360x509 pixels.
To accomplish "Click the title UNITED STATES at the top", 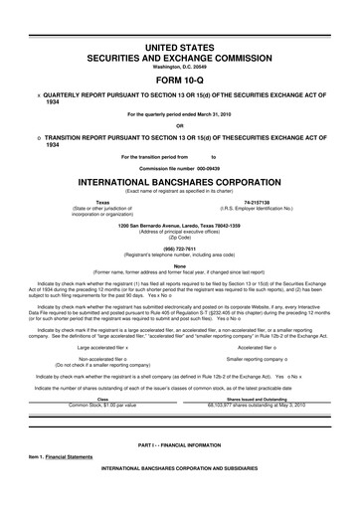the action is point(180,48).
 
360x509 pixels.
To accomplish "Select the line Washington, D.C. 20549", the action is point(180,68).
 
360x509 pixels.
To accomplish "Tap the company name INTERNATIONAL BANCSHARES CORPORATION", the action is point(180,184).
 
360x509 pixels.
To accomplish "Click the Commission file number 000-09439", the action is point(197,169).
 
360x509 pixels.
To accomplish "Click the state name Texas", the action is point(101,201).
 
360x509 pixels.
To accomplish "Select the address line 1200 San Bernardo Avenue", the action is point(180,225).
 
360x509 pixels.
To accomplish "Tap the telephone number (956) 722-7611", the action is point(180,249).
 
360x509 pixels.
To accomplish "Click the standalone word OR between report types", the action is point(180,125).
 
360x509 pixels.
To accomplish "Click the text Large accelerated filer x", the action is point(107,320).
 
